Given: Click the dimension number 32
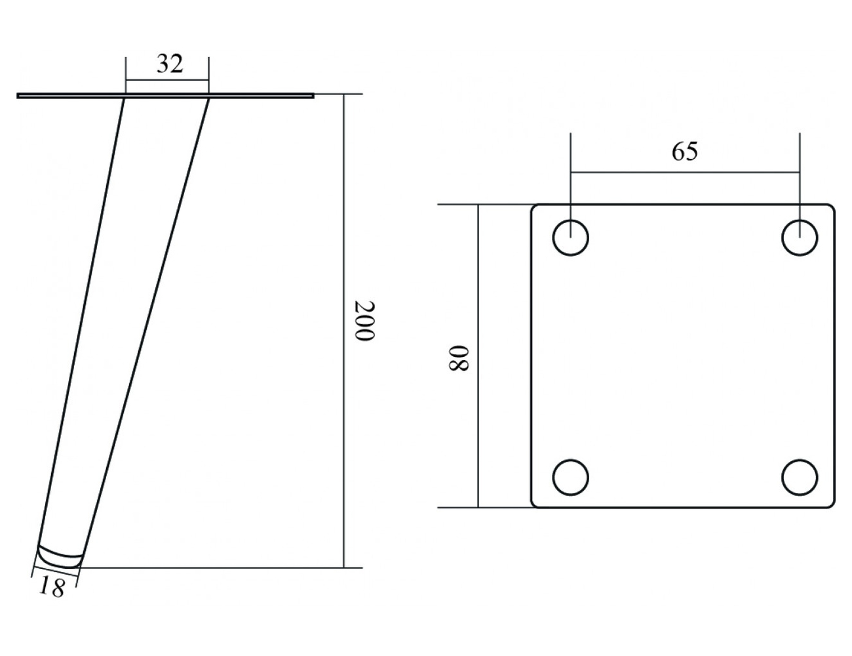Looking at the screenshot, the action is click(170, 64).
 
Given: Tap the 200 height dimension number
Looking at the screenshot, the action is click(364, 321).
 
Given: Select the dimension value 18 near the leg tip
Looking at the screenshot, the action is click(52, 587).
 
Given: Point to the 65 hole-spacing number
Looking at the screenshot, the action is click(685, 151).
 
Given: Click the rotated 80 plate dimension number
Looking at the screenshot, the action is click(458, 358).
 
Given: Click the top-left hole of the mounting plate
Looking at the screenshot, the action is click(570, 237).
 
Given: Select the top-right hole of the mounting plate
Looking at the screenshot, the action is click(800, 237).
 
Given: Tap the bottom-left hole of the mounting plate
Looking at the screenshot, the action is click(570, 477).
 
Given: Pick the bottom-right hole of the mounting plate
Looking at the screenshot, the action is click(800, 477).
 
